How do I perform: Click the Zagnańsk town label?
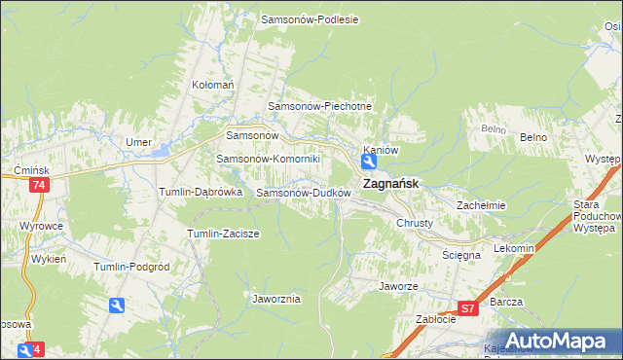[x=391, y=183]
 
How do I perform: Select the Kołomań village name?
[x=213, y=85]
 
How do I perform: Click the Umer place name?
[x=138, y=142]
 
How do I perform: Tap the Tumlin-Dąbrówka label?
[x=201, y=193]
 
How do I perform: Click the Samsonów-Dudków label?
[x=303, y=193]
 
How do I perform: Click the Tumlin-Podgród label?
[x=131, y=267]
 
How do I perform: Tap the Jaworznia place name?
[x=275, y=299]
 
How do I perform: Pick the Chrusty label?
[x=421, y=223]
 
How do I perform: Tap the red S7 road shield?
[x=468, y=308]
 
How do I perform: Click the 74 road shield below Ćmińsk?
[x=39, y=185]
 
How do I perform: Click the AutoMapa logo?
[x=558, y=340]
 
